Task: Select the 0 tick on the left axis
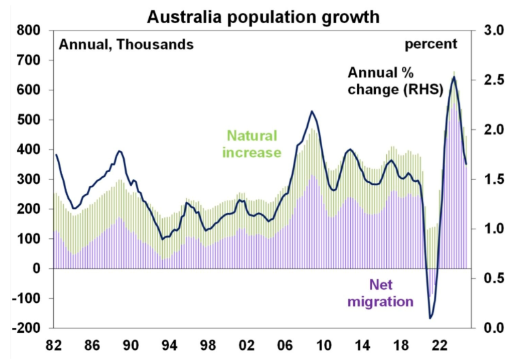(39, 269)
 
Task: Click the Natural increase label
(252, 144)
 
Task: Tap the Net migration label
(381, 292)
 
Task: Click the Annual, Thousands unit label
(126, 45)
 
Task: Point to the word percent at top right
(431, 45)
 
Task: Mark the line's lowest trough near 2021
(430, 318)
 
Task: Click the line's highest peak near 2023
(454, 77)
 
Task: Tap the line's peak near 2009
(311, 111)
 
